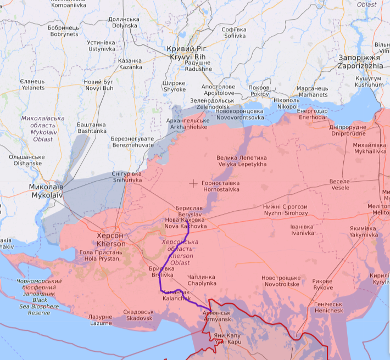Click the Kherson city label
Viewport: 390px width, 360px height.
coord(111,239)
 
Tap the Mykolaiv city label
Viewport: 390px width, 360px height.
coord(47,191)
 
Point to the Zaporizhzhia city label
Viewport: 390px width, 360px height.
coord(360,61)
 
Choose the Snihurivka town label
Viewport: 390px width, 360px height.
coord(127,177)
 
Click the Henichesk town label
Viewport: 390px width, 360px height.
coord(328,307)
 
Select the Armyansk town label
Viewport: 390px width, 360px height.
coord(217,316)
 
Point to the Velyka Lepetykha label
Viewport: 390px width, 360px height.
coord(242,161)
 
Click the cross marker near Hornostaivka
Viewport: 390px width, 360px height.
coord(193,183)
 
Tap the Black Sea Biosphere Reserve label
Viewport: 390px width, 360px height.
coord(39,297)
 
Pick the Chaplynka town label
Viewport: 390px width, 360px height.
coord(202,280)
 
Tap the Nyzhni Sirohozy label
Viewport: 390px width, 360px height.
coord(285,210)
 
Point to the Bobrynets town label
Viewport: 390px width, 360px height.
coord(64,31)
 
